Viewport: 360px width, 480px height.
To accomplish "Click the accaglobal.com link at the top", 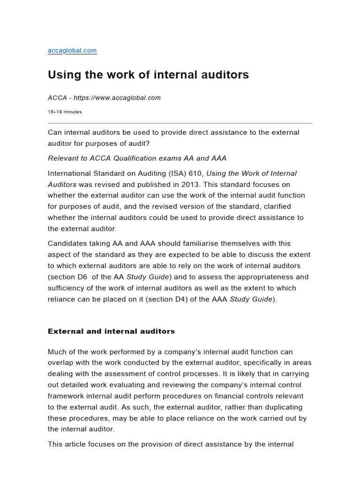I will [72, 51].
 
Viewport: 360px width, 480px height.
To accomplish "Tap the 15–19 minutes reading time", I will [65, 112].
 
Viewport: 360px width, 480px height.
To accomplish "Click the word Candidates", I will [67, 243].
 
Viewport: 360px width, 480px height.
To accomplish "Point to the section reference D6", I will [82, 277].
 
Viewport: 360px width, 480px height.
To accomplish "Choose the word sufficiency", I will [65, 288].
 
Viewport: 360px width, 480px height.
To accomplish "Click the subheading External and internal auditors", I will [111, 331].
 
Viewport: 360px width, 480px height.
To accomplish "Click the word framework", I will [66, 396].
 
